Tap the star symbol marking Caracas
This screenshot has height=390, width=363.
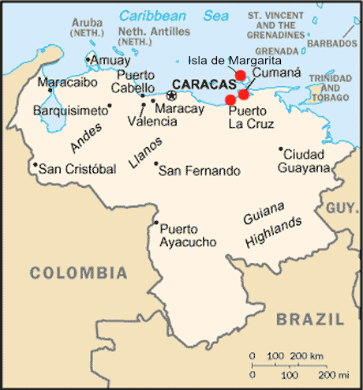[x=171, y=96]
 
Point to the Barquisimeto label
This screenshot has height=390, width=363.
[x=69, y=111]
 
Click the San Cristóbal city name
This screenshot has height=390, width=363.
[x=77, y=168]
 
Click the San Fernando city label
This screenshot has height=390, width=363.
[x=200, y=170]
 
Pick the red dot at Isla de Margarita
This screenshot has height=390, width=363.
[x=241, y=75]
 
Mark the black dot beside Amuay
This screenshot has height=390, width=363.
[x=88, y=59]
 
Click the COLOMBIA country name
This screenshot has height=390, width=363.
[x=78, y=273]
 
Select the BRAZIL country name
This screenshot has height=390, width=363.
[x=310, y=319]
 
